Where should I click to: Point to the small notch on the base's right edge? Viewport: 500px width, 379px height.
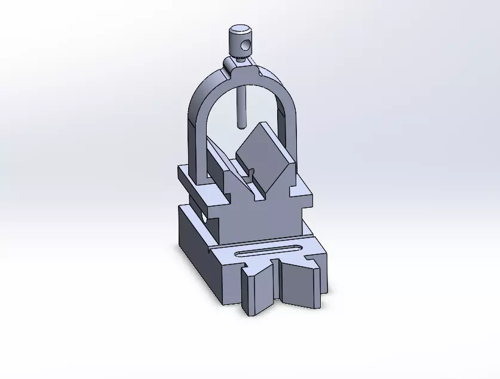point(311,258)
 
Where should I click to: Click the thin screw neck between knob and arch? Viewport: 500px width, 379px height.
point(238,58)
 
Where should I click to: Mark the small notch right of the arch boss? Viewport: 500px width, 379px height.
point(262,73)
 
